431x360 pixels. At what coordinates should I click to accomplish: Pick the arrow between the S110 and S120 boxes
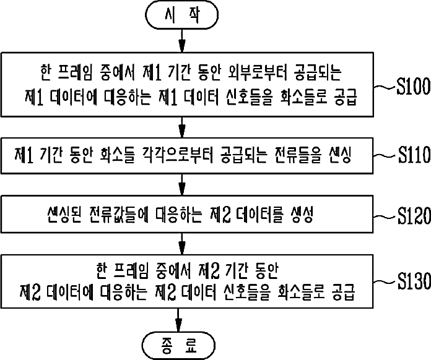coord(180,184)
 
